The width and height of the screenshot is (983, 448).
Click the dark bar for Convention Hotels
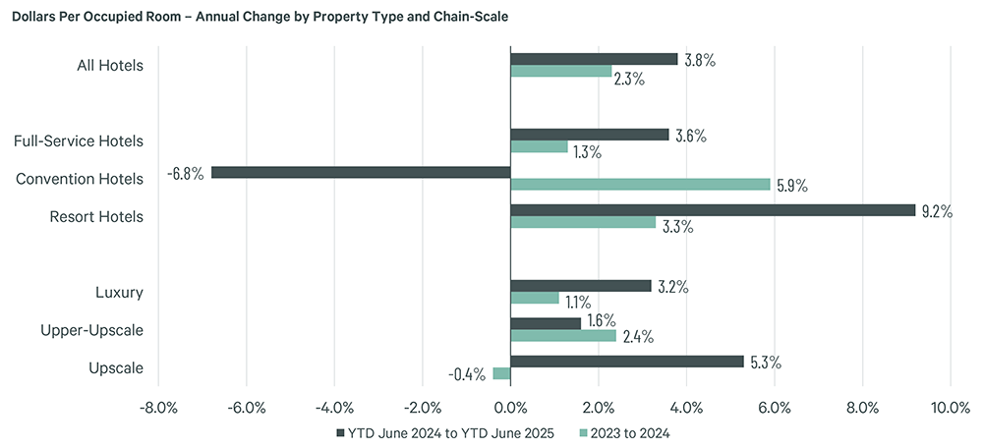[x=361, y=172]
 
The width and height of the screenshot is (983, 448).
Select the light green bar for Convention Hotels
[x=640, y=184]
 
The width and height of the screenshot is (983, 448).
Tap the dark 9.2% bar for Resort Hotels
[x=713, y=210]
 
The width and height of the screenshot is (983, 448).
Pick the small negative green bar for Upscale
[x=501, y=373]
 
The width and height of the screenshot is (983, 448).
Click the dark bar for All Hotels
[x=594, y=59]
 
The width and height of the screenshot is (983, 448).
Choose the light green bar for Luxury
[x=535, y=298]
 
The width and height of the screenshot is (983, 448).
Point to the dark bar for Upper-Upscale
[x=546, y=323]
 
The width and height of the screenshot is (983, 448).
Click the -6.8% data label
[x=186, y=173]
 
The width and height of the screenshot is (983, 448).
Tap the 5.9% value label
[x=791, y=186]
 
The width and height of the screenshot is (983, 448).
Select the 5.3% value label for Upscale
[x=765, y=362]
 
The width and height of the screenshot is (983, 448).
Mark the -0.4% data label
[x=467, y=374]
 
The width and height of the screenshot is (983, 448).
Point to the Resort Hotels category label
[x=96, y=216]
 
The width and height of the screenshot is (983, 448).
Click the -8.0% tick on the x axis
[x=158, y=407]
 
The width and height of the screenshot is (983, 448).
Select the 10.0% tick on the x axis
[x=950, y=407]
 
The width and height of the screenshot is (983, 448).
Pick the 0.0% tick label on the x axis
[x=510, y=407]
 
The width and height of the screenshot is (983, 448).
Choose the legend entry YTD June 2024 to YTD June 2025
[x=444, y=432]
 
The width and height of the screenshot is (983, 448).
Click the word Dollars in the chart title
[x=38, y=18]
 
